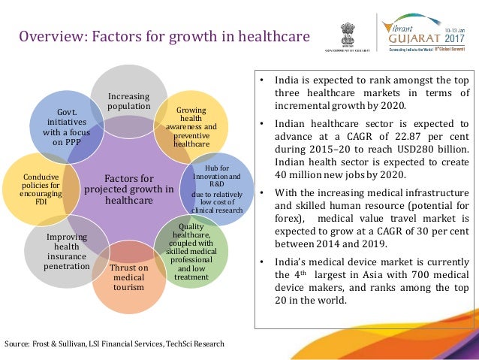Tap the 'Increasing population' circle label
[128, 101]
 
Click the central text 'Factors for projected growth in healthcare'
[128, 189]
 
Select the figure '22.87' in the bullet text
[375, 137]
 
